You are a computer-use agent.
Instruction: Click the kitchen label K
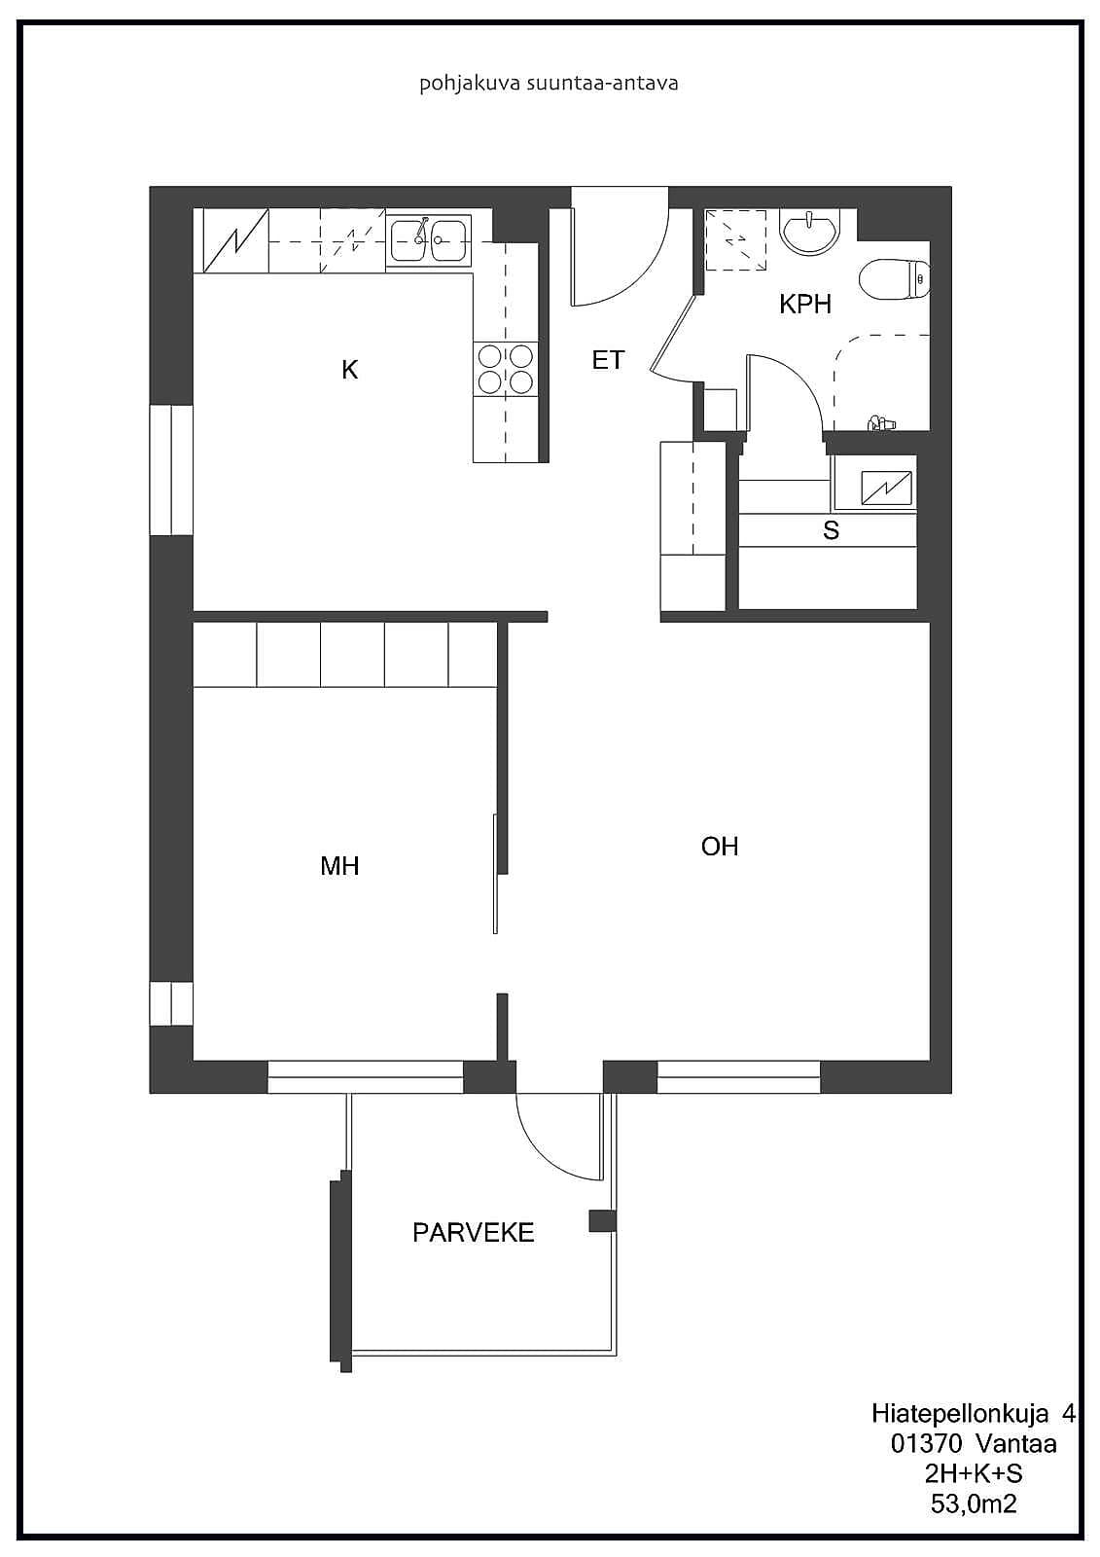(349, 370)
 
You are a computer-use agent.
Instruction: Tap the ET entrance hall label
(608, 359)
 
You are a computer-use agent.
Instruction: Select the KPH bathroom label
(804, 304)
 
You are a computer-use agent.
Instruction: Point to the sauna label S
(831, 530)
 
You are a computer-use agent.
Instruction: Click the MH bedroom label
(339, 865)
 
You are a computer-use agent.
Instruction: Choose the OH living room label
(719, 846)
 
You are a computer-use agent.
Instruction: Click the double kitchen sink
(429, 239)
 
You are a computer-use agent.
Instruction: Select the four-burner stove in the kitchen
(506, 369)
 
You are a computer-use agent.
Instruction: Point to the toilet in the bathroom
(895, 279)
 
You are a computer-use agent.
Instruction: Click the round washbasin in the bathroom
(809, 231)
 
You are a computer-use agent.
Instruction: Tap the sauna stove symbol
(886, 488)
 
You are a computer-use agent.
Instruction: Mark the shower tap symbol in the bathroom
(880, 422)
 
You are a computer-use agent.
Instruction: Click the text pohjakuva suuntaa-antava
(549, 84)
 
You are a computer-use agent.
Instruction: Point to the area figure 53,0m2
(974, 1503)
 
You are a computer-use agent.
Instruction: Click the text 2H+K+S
(974, 1473)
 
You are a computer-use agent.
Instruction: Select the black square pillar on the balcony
(602, 1220)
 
